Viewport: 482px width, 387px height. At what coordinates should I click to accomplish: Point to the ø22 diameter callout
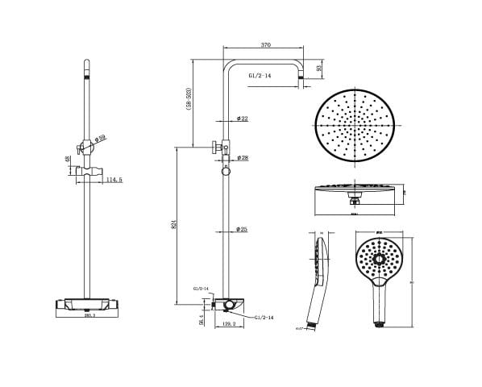pyautogui.click(x=242, y=119)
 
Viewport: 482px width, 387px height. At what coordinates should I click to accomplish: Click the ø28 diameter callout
pyautogui.click(x=242, y=157)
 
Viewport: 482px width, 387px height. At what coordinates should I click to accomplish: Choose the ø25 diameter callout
pyautogui.click(x=241, y=230)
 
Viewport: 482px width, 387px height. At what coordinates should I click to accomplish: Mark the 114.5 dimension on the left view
pyautogui.click(x=114, y=180)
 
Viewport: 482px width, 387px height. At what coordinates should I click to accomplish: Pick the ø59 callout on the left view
pyautogui.click(x=99, y=139)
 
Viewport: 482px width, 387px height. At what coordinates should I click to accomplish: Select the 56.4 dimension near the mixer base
pyautogui.click(x=199, y=321)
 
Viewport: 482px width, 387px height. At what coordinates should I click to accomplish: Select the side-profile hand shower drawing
pyautogui.click(x=316, y=278)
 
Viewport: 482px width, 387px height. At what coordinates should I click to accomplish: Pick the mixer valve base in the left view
pyautogui.click(x=85, y=305)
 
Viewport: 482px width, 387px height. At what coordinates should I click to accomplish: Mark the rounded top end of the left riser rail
pyautogui.click(x=86, y=64)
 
